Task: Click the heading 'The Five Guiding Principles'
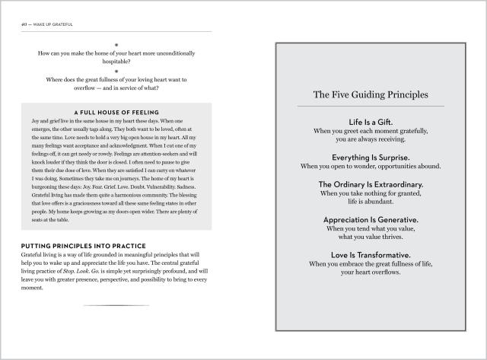(x=370, y=96)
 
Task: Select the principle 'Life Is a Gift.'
(x=370, y=122)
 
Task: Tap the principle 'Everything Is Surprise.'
(x=370, y=157)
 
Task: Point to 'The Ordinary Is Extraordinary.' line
(x=370, y=184)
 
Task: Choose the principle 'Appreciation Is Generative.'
(x=370, y=219)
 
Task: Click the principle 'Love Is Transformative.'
(x=370, y=254)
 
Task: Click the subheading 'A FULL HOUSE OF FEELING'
(x=116, y=112)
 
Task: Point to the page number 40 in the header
(x=24, y=24)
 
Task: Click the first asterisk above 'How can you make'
(x=116, y=44)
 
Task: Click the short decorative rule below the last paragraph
(x=116, y=305)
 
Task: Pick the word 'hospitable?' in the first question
(x=116, y=62)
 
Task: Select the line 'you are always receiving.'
(x=370, y=139)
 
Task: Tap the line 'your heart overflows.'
(x=370, y=272)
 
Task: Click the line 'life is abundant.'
(x=370, y=202)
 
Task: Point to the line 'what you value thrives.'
(x=370, y=237)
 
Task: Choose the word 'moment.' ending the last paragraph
(x=34, y=288)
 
